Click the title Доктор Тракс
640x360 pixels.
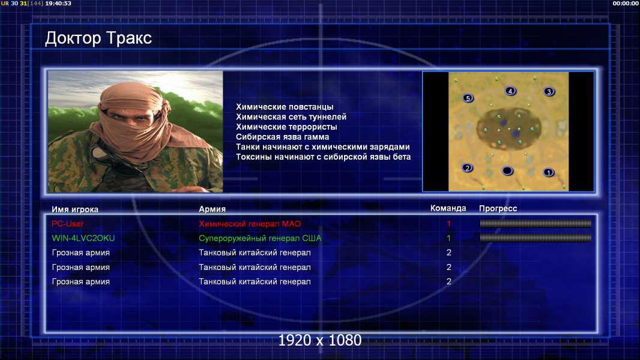coord(98,38)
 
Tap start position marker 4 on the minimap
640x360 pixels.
coord(510,91)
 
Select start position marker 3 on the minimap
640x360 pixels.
coord(549,91)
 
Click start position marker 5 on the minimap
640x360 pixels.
coord(468,98)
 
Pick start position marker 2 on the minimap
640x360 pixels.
coord(467,167)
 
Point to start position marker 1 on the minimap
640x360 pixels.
coord(549,172)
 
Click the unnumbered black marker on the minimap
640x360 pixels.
coord(507,170)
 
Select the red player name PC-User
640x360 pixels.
coord(68,224)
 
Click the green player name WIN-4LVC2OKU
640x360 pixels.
coord(83,238)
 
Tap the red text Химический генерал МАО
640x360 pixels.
coord(250,224)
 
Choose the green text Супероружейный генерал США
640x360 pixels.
coord(260,238)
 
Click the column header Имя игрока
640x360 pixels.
coord(75,209)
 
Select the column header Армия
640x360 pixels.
coord(213,209)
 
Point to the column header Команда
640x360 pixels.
coord(448,208)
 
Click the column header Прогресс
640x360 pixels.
coord(498,209)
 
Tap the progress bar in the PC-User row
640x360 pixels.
coord(536,223)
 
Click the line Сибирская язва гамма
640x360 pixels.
coord(282,137)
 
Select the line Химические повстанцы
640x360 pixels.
coord(285,107)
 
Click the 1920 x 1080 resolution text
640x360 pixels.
coord(320,340)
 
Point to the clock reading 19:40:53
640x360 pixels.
coord(58,3)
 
